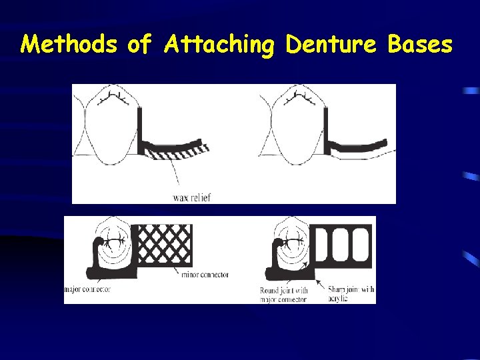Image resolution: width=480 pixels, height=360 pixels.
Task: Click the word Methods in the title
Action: pos(69,45)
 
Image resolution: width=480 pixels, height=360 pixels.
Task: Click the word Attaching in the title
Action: pos(219,45)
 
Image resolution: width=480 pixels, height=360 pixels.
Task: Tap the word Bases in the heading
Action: pos(419,45)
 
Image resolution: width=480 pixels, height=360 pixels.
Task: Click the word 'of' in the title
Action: pos(139,45)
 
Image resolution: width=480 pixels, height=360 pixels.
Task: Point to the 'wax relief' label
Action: pos(191,197)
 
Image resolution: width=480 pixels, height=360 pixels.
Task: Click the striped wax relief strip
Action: pos(177,151)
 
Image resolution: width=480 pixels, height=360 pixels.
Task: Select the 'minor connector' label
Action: pos(204,275)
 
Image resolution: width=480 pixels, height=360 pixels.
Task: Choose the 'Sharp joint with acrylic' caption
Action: pos(351,295)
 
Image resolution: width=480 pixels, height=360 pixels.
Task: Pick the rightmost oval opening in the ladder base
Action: pos(361,243)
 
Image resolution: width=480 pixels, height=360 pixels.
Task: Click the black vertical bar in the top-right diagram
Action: pos(327,130)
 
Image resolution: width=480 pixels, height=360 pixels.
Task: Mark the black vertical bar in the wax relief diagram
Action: pos(141,130)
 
